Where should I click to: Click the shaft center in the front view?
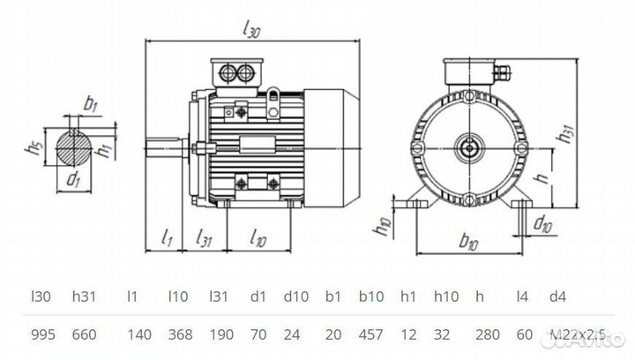(468, 142)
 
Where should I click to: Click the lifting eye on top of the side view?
(275, 91)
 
